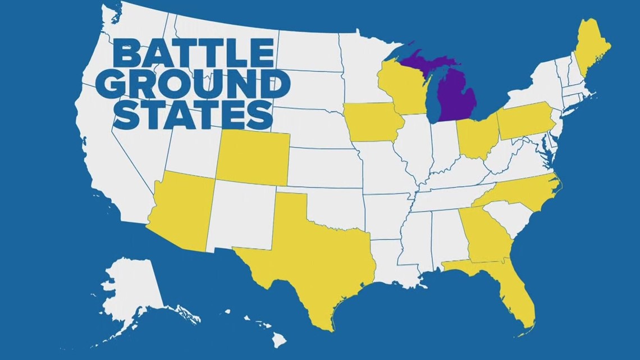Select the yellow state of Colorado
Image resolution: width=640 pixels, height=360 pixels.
(x=253, y=157)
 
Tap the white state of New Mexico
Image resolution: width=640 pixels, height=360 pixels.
(x=241, y=216)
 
